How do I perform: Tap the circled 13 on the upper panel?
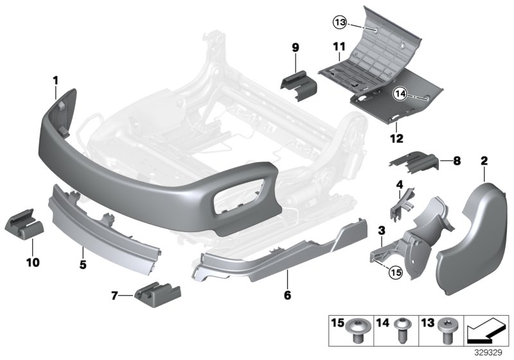(340, 23)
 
